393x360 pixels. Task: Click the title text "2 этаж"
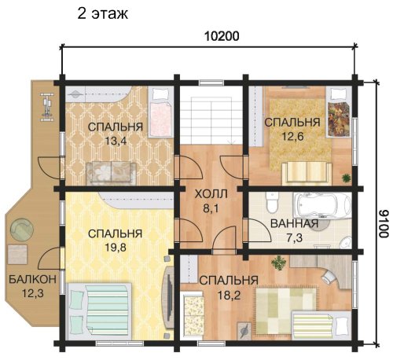(x=103, y=13)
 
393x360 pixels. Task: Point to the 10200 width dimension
(x=222, y=36)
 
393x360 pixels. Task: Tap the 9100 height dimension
(x=384, y=223)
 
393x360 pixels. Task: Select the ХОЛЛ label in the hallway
(x=211, y=194)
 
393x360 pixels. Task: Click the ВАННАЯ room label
(x=295, y=224)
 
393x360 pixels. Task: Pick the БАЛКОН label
(x=32, y=279)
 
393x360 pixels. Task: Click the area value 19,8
(x=116, y=248)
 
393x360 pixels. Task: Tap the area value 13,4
(x=116, y=141)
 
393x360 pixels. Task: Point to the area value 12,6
(x=292, y=136)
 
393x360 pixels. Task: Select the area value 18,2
(x=229, y=296)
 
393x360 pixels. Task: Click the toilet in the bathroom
(x=272, y=202)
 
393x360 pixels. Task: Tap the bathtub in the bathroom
(x=322, y=205)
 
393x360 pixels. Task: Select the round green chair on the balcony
(x=22, y=229)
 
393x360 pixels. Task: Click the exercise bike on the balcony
(x=47, y=107)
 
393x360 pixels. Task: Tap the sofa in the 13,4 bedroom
(x=111, y=172)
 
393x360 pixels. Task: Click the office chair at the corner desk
(x=328, y=276)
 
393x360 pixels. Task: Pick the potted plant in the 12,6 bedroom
(x=347, y=178)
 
